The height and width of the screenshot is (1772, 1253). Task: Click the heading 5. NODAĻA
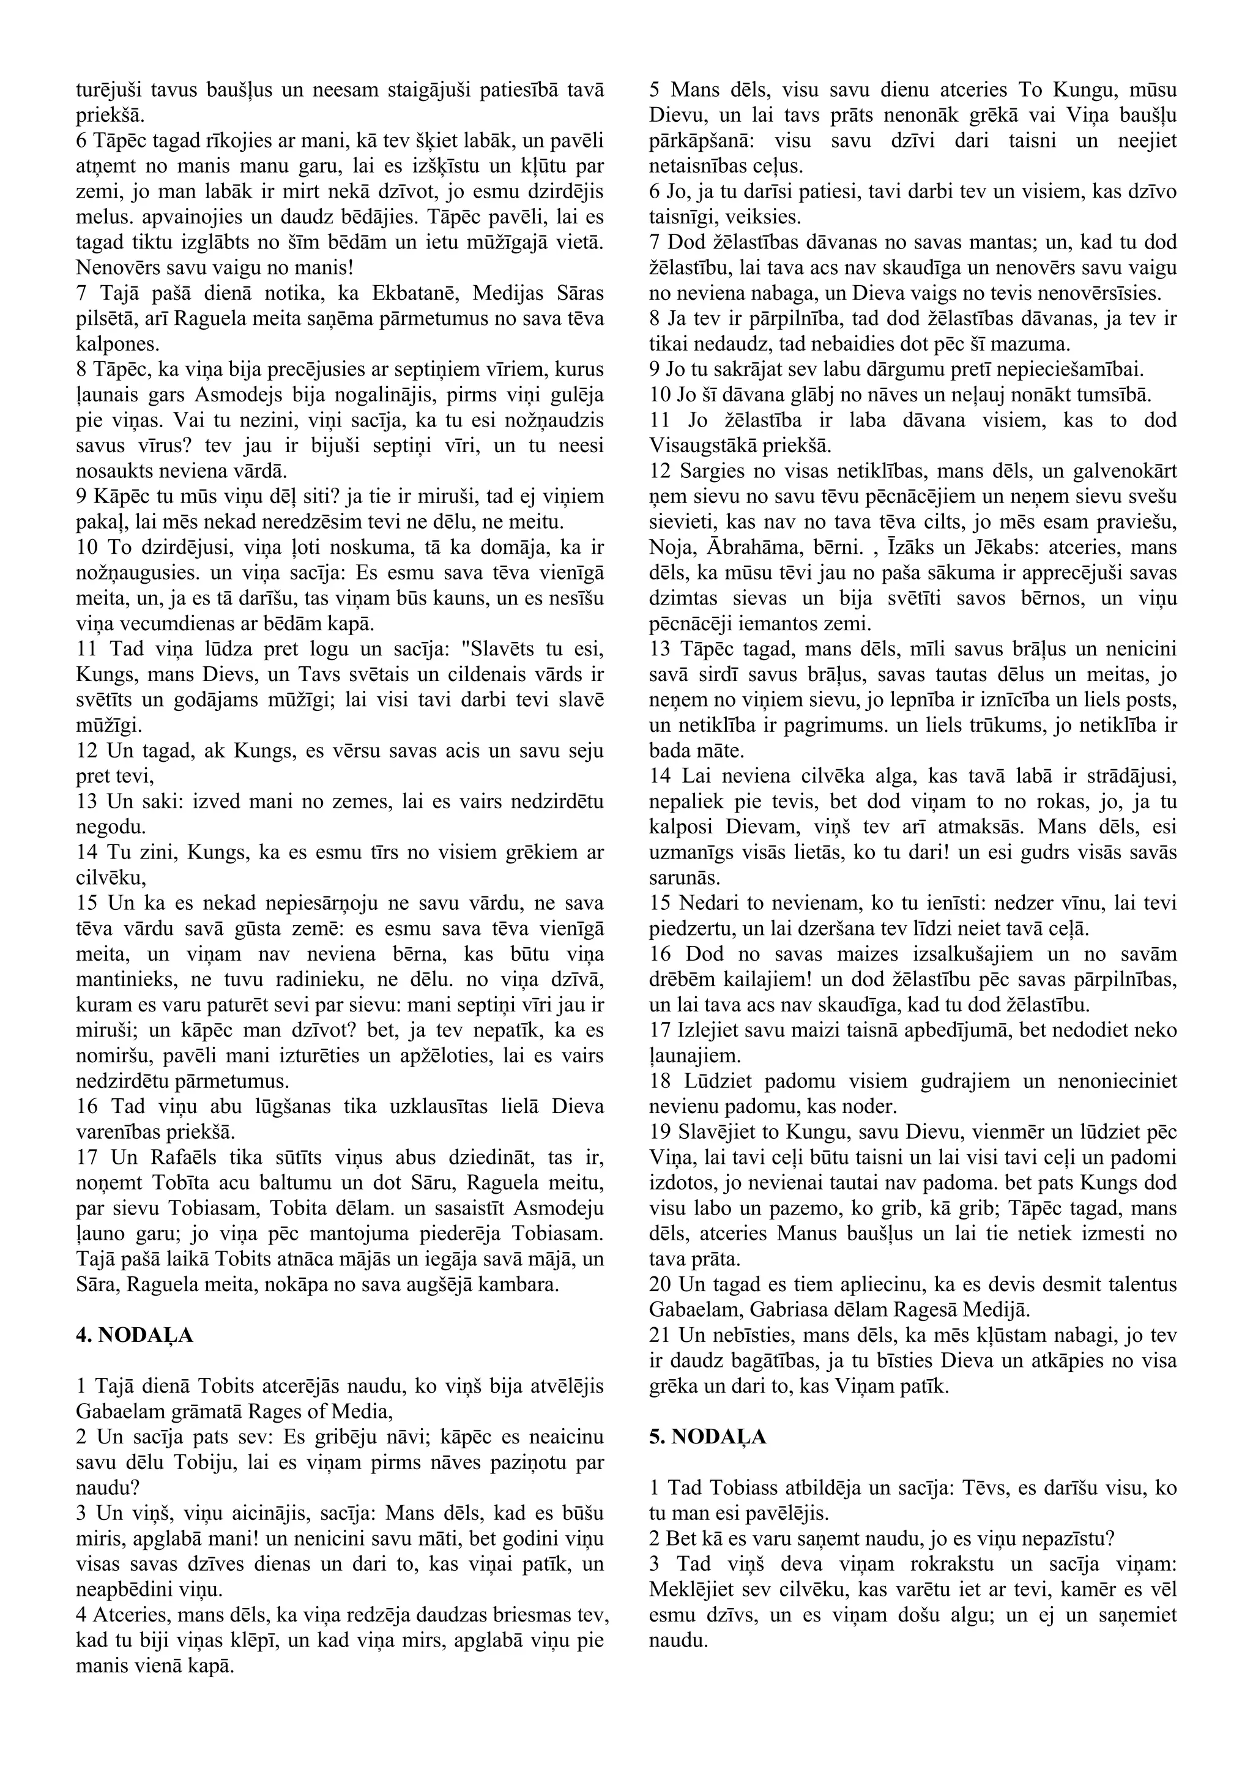click(x=707, y=1437)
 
